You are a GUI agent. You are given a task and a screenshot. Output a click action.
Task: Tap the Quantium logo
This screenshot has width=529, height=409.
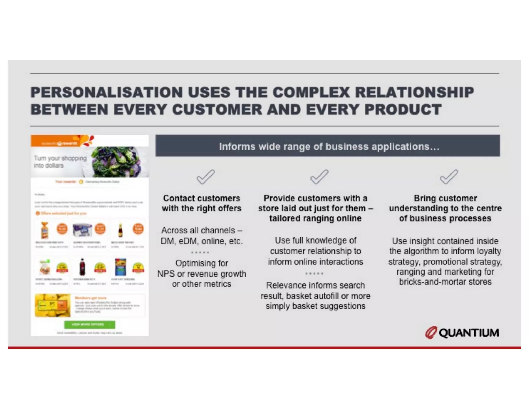tap(462, 333)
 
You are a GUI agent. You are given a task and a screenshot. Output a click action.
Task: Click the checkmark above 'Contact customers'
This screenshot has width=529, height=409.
tap(205, 177)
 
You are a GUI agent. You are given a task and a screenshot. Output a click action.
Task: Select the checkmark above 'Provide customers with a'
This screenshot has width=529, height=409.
tap(319, 177)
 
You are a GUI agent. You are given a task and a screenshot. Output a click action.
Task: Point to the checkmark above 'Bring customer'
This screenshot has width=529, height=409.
tap(449, 177)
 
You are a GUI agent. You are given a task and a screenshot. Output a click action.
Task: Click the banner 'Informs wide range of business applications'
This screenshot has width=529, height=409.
tap(328, 146)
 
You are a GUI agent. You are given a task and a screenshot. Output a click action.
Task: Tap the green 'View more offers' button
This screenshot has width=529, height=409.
tap(89, 324)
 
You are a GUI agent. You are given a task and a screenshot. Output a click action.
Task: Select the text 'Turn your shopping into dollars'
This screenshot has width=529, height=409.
tap(60, 162)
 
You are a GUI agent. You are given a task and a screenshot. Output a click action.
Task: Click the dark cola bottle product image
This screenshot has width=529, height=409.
tap(82, 267)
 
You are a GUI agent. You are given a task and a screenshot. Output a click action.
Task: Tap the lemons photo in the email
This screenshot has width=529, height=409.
tap(53, 305)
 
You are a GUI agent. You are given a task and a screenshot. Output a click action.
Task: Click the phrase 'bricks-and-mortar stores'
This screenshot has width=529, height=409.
tap(445, 282)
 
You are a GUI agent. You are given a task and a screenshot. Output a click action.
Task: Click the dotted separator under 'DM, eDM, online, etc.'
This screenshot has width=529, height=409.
tap(200, 252)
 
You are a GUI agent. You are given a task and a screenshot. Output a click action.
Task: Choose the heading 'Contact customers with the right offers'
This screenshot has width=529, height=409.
tap(201, 203)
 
